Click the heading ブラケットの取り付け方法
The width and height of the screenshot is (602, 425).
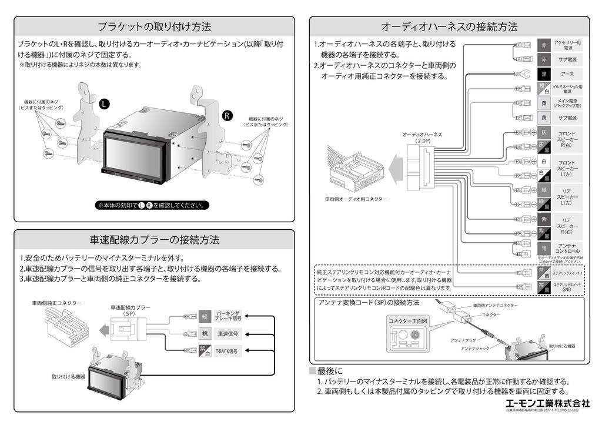[x=154, y=26]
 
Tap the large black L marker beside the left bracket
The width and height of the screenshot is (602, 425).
[x=104, y=104]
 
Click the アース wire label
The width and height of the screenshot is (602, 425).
[x=567, y=74]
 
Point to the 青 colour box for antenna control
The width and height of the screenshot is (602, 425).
[x=544, y=249]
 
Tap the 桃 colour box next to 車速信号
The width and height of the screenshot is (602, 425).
[x=205, y=333]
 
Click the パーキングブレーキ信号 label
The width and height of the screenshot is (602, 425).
[x=228, y=316]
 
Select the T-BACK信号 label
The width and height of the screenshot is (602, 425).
[x=227, y=350]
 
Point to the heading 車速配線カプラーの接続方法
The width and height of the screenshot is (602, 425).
[x=154, y=240]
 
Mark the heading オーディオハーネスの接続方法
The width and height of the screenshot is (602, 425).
[x=449, y=26]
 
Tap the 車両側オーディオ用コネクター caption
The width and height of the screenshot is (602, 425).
[x=356, y=199]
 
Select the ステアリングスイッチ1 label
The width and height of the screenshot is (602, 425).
[x=567, y=274]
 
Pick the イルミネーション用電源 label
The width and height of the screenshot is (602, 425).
[x=567, y=89]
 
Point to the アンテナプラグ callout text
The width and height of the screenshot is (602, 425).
[x=463, y=340]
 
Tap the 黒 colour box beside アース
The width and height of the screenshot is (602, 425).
[x=544, y=74]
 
